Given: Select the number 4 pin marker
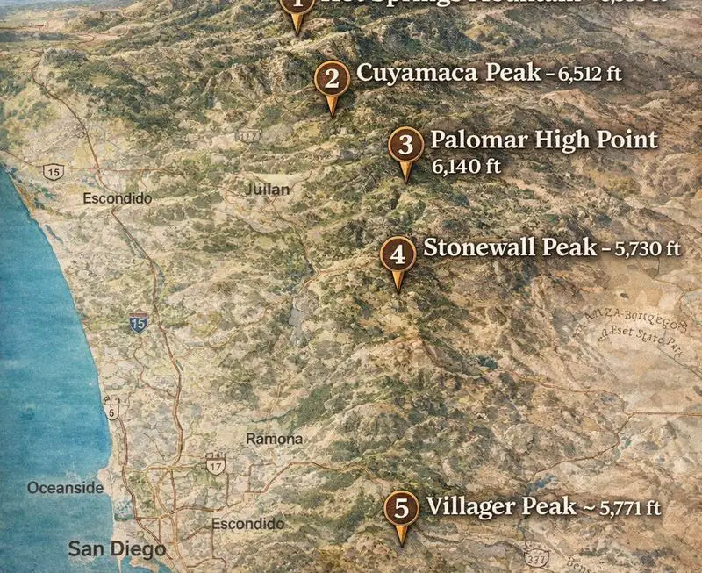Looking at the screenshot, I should click(x=398, y=255).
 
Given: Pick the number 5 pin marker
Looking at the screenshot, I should click(x=402, y=508).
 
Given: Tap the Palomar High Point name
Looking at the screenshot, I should click(x=543, y=140).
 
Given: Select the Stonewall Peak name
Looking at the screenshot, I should click(x=510, y=248).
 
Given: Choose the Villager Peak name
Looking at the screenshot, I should click(x=500, y=506).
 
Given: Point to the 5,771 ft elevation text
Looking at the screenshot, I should click(x=630, y=507).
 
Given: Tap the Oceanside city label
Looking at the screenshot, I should click(x=65, y=488).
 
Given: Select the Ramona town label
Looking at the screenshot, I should click(x=274, y=439).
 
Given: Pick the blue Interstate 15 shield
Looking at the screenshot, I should click(x=138, y=323).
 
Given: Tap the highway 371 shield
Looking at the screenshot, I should click(x=538, y=558).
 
